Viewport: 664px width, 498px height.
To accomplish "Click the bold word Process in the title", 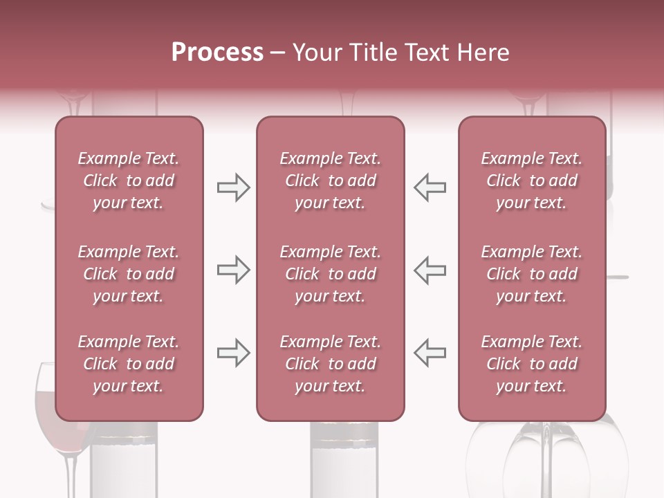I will click(217, 53).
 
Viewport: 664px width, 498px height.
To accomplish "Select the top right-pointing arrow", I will click(233, 187).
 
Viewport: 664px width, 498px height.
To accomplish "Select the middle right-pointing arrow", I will click(233, 270).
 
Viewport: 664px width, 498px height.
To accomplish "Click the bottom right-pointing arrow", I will click(233, 353).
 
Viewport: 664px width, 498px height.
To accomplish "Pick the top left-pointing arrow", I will click(430, 187).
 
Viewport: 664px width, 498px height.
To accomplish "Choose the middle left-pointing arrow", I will click(430, 270).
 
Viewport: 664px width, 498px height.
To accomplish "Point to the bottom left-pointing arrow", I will click(430, 353).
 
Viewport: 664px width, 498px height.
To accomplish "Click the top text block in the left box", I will click(129, 181).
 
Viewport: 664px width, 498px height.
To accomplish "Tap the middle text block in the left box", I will click(129, 274).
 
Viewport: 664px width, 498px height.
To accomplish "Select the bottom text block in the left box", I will click(129, 364).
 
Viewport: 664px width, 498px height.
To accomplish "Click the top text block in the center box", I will click(331, 181).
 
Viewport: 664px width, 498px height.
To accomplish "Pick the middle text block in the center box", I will click(331, 274).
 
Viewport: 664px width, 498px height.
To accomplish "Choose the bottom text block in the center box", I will click(331, 364).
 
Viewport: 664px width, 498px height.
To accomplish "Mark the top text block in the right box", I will click(532, 181).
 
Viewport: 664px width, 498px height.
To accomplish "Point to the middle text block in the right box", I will click(532, 274).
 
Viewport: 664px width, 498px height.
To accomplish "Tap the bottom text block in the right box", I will click(532, 364).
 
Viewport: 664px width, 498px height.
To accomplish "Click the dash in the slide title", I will click(278, 53).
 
